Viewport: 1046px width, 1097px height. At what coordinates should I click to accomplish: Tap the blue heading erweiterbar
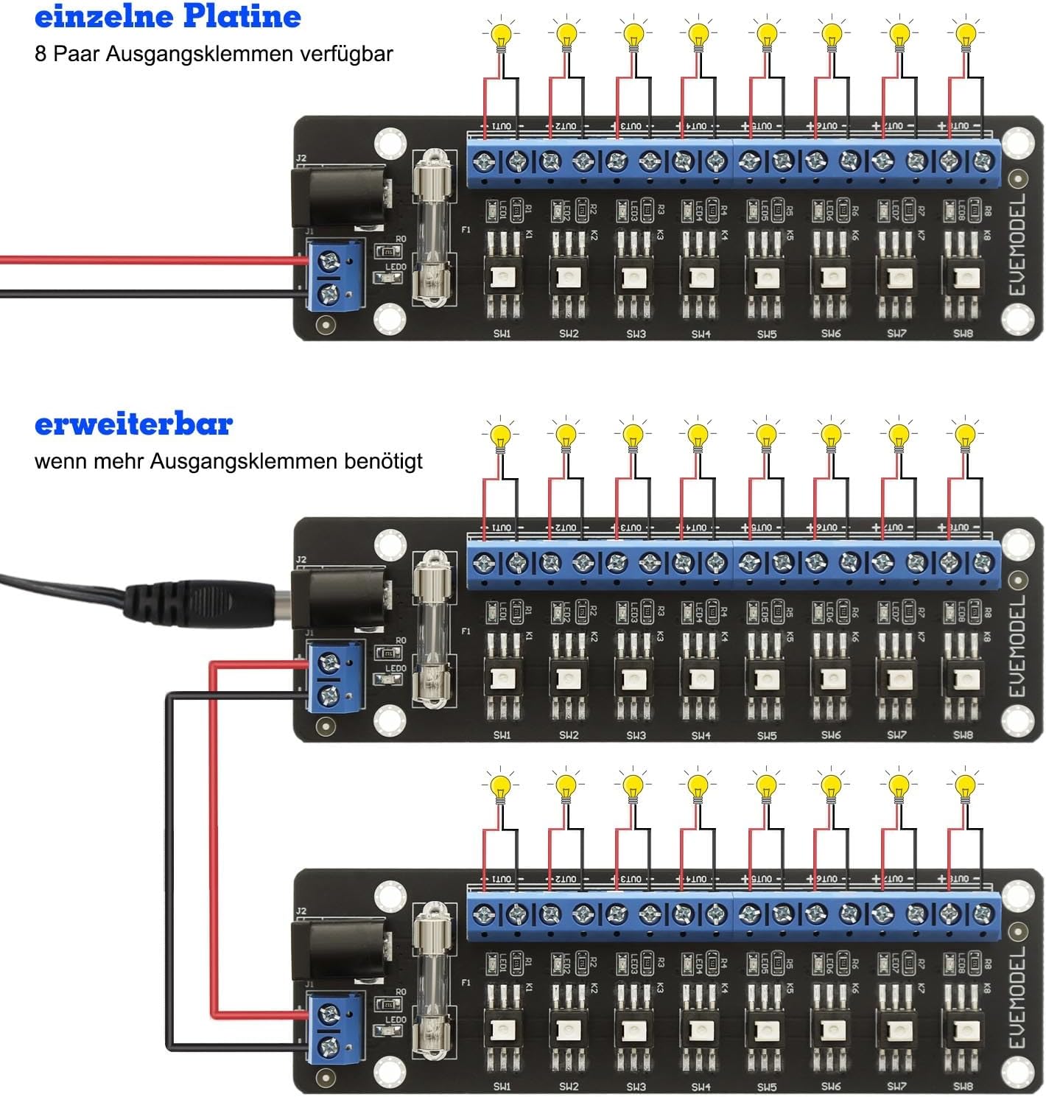133,424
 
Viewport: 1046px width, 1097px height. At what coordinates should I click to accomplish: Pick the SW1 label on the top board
502,334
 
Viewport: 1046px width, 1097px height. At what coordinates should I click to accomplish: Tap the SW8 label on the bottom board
963,1086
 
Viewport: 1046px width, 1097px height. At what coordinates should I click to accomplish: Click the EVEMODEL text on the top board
1017,245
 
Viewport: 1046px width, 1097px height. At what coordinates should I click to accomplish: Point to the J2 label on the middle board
301,560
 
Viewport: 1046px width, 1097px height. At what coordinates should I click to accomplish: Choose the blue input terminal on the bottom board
336,1028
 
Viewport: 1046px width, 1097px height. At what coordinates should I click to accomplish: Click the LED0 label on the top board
396,267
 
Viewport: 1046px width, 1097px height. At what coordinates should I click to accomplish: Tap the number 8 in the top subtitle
41,54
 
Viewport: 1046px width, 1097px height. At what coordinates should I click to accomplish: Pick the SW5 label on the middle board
766,735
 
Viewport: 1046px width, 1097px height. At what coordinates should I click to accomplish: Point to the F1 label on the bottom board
466,983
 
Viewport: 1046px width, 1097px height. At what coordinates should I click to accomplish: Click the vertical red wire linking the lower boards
213,840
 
